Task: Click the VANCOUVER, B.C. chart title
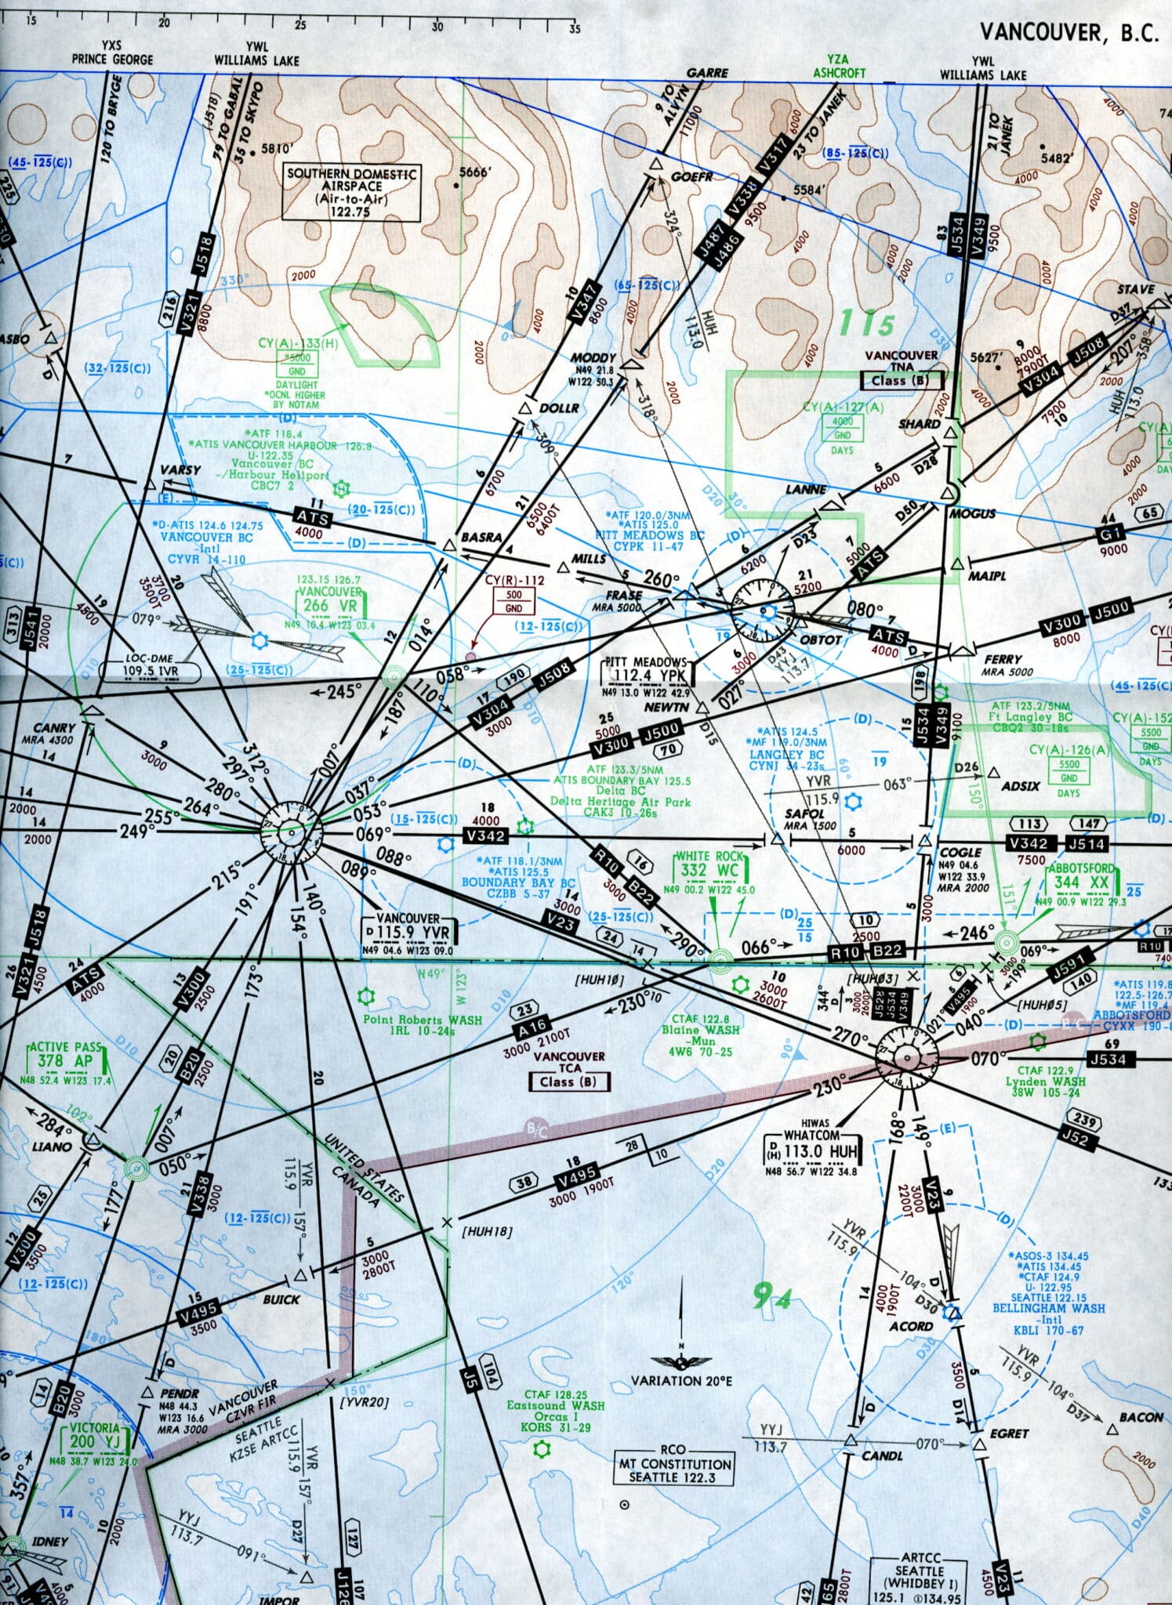[x=1068, y=33]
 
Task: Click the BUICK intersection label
[x=281, y=1299]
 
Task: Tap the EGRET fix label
[x=1009, y=1433]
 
